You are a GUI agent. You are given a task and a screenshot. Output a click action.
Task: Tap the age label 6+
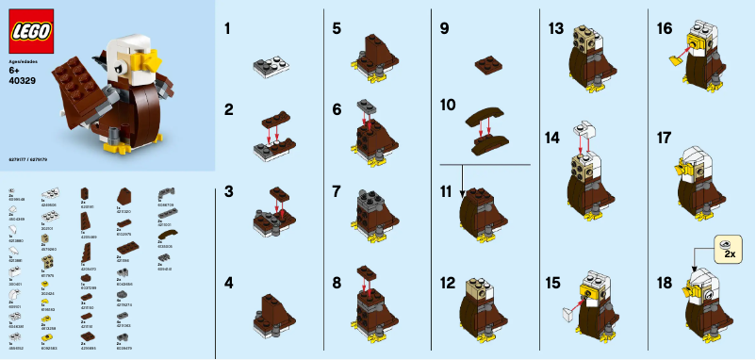(14, 70)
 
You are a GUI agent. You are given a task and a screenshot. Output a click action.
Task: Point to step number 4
(229, 282)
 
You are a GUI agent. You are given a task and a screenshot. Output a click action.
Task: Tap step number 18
(665, 283)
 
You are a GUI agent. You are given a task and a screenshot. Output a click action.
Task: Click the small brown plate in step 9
(486, 64)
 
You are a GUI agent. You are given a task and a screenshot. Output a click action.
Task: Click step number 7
(337, 191)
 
